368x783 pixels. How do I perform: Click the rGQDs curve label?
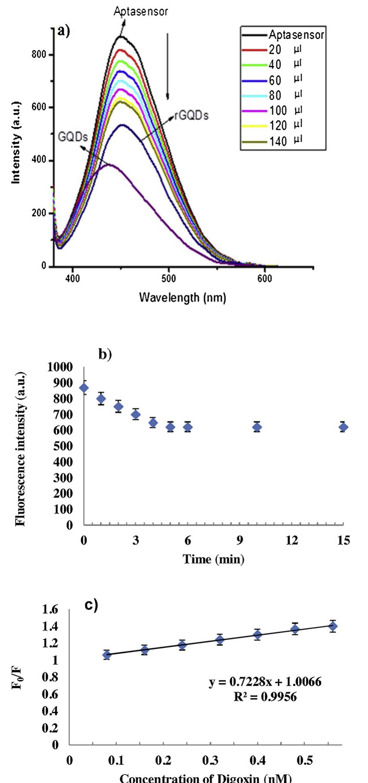(x=192, y=115)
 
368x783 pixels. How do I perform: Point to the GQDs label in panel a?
(x=72, y=137)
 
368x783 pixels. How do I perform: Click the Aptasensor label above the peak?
(x=141, y=11)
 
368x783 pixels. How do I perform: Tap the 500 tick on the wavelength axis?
(x=168, y=279)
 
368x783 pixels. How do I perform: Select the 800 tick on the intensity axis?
(x=39, y=54)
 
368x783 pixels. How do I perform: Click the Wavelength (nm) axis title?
(x=182, y=298)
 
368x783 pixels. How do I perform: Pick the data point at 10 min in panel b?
(x=257, y=427)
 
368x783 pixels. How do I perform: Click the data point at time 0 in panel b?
(x=84, y=388)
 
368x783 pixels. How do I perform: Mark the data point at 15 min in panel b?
(x=343, y=427)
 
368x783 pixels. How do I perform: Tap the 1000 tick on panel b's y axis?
(x=60, y=367)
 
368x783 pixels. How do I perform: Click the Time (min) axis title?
(x=214, y=559)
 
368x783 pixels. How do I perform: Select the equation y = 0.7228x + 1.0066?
(x=265, y=682)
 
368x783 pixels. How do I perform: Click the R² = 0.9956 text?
(x=265, y=696)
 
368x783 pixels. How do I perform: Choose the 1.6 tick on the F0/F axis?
(x=50, y=609)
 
